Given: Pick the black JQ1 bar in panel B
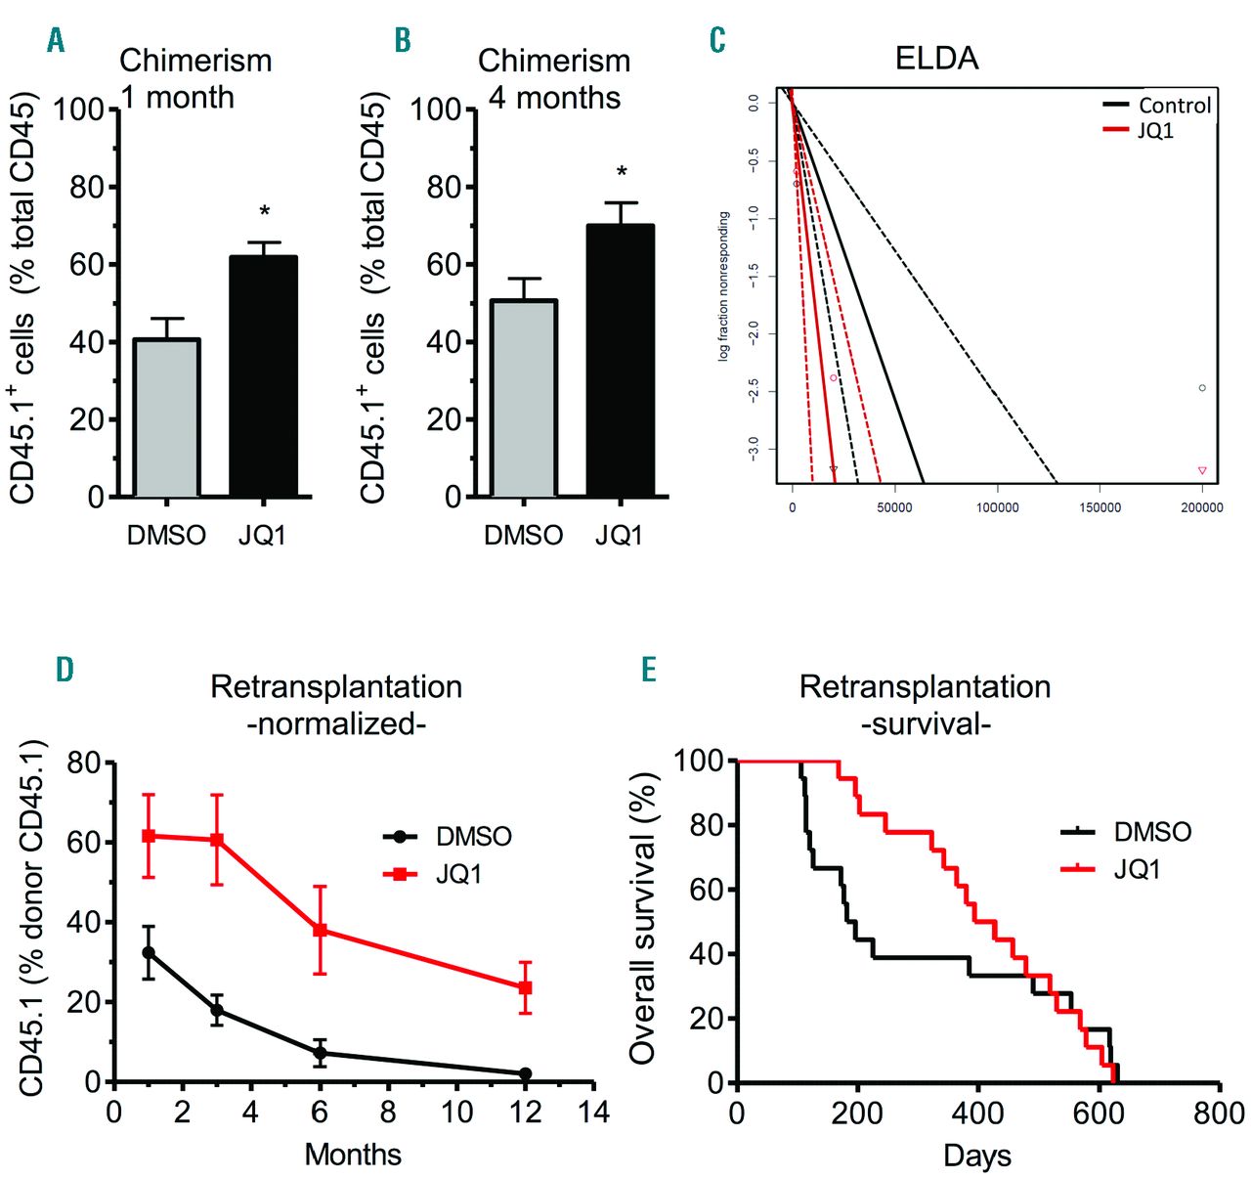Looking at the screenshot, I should coord(620,361).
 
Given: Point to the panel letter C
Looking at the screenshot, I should coord(717,40).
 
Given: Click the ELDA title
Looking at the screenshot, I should coord(936,59).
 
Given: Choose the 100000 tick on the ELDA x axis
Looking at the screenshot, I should coord(997,508).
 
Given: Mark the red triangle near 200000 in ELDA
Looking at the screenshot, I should coord(1202,471).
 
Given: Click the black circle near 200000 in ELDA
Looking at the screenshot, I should coord(1202,388).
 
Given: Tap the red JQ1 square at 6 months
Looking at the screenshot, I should coord(320,931).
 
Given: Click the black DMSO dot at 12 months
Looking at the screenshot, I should coord(525,1073).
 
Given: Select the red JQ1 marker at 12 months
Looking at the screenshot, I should coord(525,987).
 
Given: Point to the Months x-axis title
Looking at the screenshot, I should coord(353,1155).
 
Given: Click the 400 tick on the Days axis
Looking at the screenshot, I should coord(977,1113).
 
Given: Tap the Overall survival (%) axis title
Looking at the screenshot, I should coord(642,919).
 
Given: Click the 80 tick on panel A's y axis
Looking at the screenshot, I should coord(87,187).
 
